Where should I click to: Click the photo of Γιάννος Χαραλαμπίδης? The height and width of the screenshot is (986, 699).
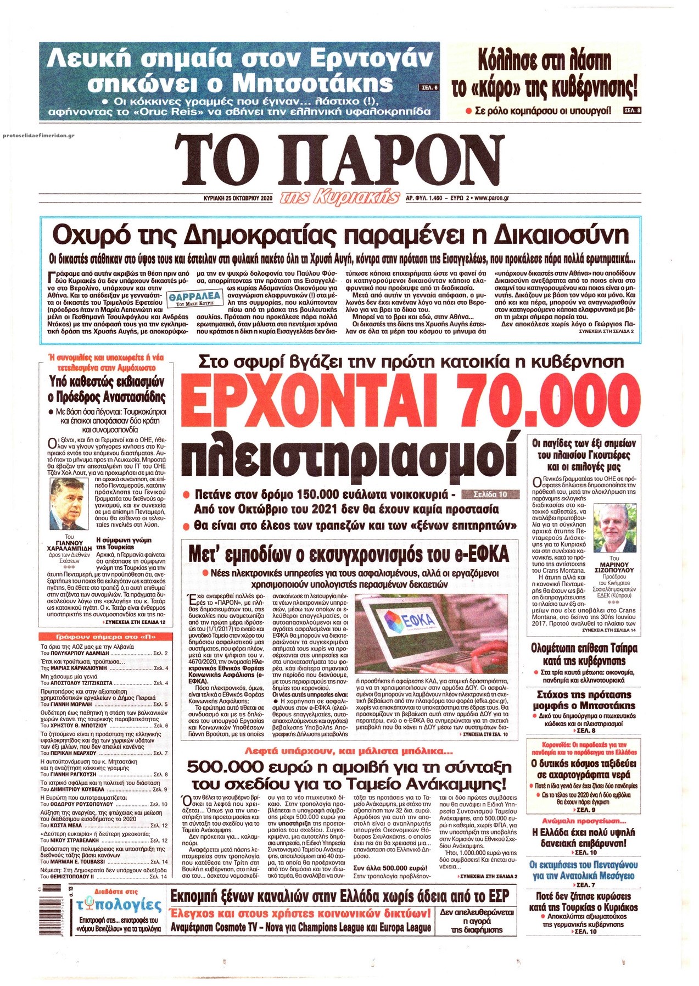[68, 504]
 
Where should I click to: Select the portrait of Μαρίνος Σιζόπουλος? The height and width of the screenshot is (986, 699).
[614, 527]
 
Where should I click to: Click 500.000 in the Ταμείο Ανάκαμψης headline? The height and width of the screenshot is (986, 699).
[220, 767]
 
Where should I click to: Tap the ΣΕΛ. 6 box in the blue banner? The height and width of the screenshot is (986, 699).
[429, 87]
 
